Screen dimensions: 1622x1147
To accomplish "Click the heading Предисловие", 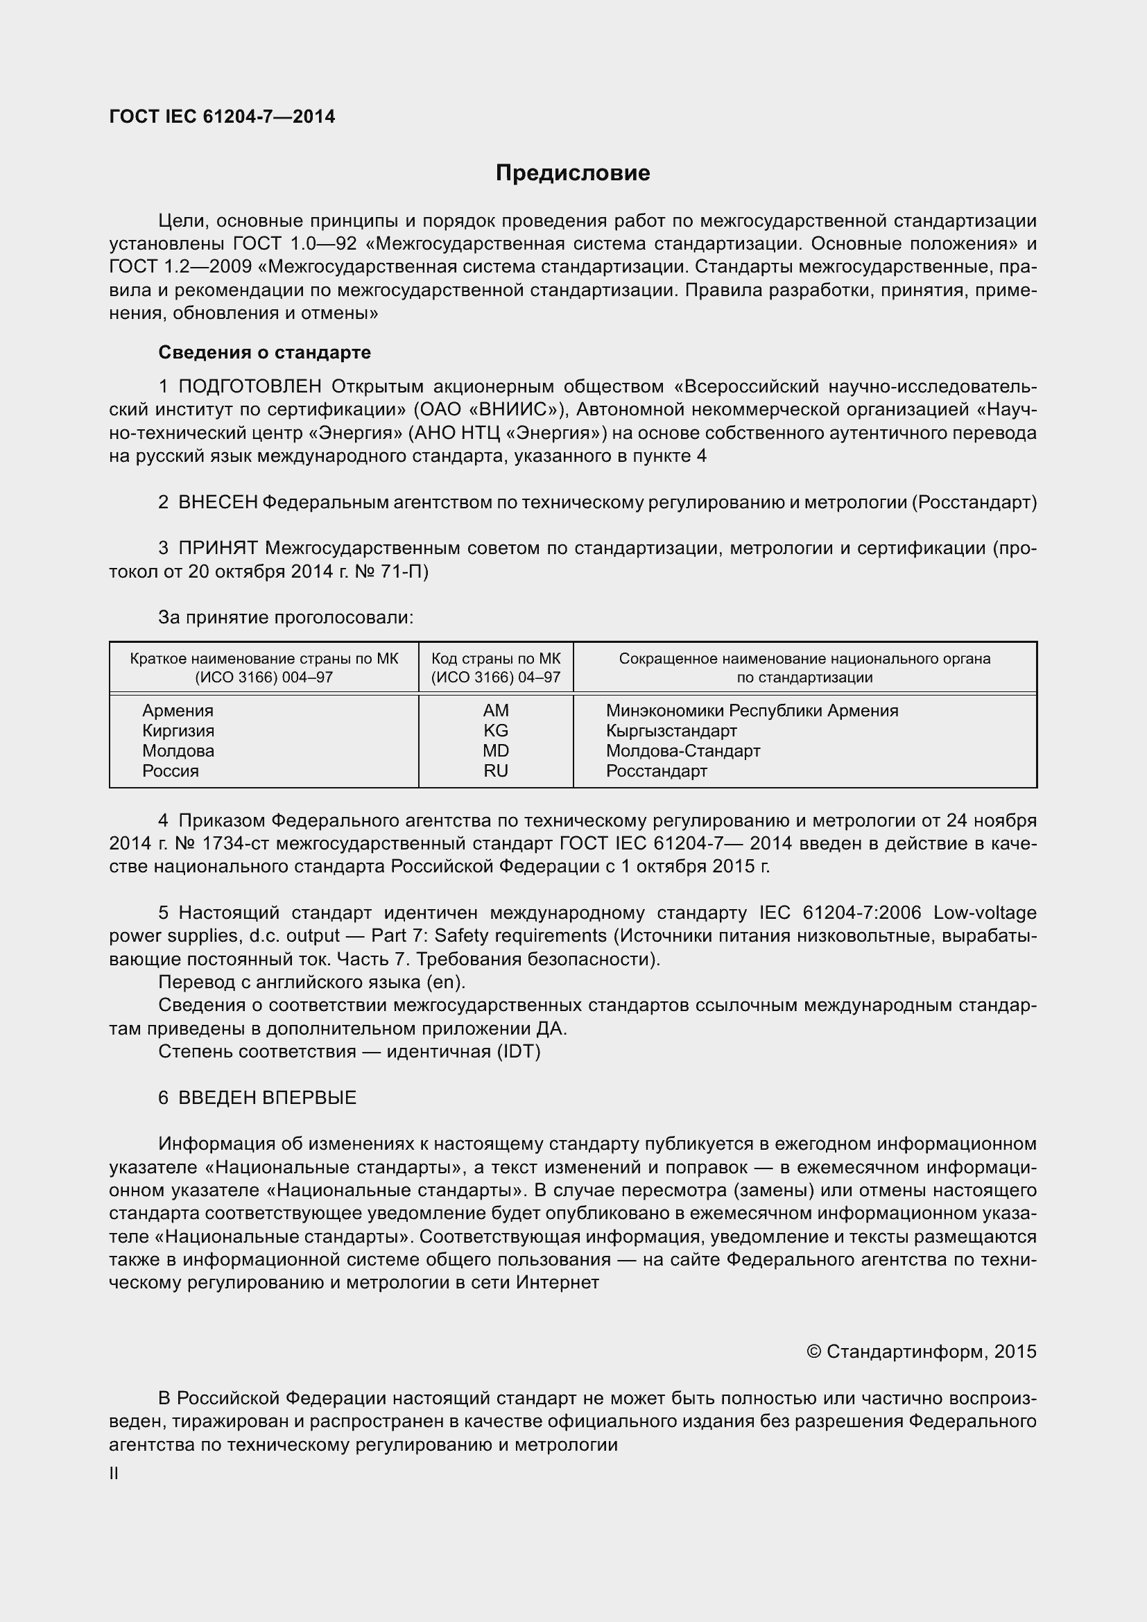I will [x=572, y=173].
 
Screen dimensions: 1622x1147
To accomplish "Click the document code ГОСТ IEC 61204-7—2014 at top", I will [x=222, y=117].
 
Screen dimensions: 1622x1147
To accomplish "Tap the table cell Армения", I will [x=178, y=711].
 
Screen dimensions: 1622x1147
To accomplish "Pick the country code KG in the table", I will [x=495, y=730].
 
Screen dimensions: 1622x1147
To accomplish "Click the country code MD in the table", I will [x=495, y=750].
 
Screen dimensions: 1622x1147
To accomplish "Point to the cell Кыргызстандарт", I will [x=671, y=730].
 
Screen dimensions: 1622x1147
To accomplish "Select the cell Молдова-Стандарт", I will [x=682, y=750].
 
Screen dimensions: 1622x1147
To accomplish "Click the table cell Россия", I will [x=170, y=770].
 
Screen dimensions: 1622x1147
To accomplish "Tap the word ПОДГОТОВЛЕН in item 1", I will [x=250, y=386].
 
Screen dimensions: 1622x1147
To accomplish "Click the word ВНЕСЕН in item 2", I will [x=218, y=502].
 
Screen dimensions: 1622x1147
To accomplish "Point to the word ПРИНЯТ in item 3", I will [x=218, y=549].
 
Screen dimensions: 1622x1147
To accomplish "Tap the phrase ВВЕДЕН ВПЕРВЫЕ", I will [x=267, y=1097].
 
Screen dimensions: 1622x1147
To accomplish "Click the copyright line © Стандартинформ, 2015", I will [x=921, y=1352].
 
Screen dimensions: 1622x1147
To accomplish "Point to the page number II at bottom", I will [x=114, y=1474].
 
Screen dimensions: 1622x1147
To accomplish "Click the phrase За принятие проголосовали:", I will [x=285, y=617].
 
